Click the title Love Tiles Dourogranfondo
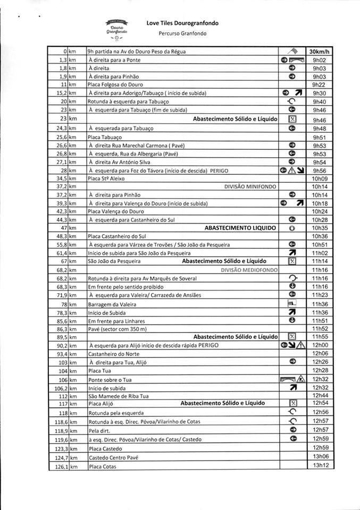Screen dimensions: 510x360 pyautogui.click(x=182, y=23)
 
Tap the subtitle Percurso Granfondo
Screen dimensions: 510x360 pyautogui.click(x=182, y=33)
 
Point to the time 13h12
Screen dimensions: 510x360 pyautogui.click(x=320, y=465)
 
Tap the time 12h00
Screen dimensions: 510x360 pyautogui.click(x=320, y=345)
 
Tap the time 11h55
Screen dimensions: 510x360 pyautogui.click(x=320, y=337)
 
